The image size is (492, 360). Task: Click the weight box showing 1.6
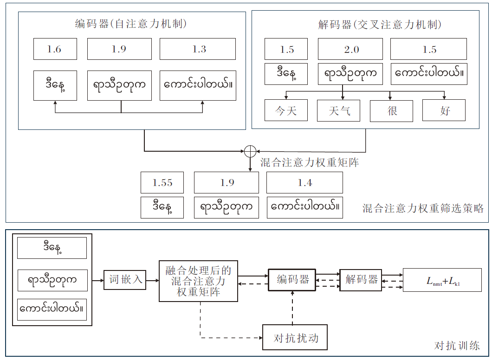pos(55,49)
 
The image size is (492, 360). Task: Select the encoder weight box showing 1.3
pos(198,49)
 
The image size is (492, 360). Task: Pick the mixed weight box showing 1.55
pos(162,183)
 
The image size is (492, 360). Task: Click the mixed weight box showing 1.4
pos(304,183)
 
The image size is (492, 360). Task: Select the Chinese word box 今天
pos(285,110)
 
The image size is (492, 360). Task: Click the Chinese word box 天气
pos(339,110)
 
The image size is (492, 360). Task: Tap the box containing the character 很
pos(391,110)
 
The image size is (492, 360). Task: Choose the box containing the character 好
pos(444,110)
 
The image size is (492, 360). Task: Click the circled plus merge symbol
pos(250,151)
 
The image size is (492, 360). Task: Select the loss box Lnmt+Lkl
pos(442,280)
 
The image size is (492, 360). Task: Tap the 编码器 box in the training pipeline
pos(292,280)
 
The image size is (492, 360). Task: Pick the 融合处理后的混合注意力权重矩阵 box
pos(198,280)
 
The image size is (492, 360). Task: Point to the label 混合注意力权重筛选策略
pos(423,209)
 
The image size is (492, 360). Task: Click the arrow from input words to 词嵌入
pos(97,280)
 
